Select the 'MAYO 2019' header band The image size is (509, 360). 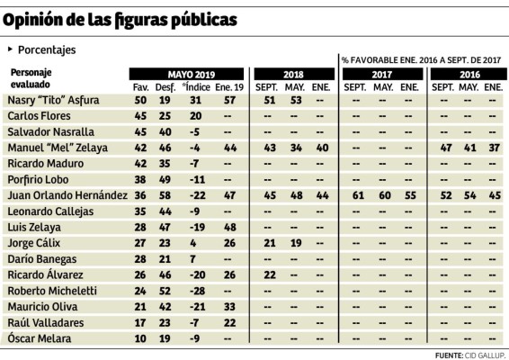pyautogui.click(x=186, y=73)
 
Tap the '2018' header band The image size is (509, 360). pyautogui.click(x=292, y=73)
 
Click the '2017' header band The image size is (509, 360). pyautogui.click(x=381, y=73)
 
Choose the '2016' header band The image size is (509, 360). pyautogui.click(x=468, y=73)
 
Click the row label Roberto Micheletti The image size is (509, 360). pyautogui.click(x=51, y=292)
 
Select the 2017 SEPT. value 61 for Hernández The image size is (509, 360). pyautogui.click(x=359, y=194)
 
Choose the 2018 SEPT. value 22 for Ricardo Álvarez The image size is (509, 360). pyautogui.click(x=269, y=275)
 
